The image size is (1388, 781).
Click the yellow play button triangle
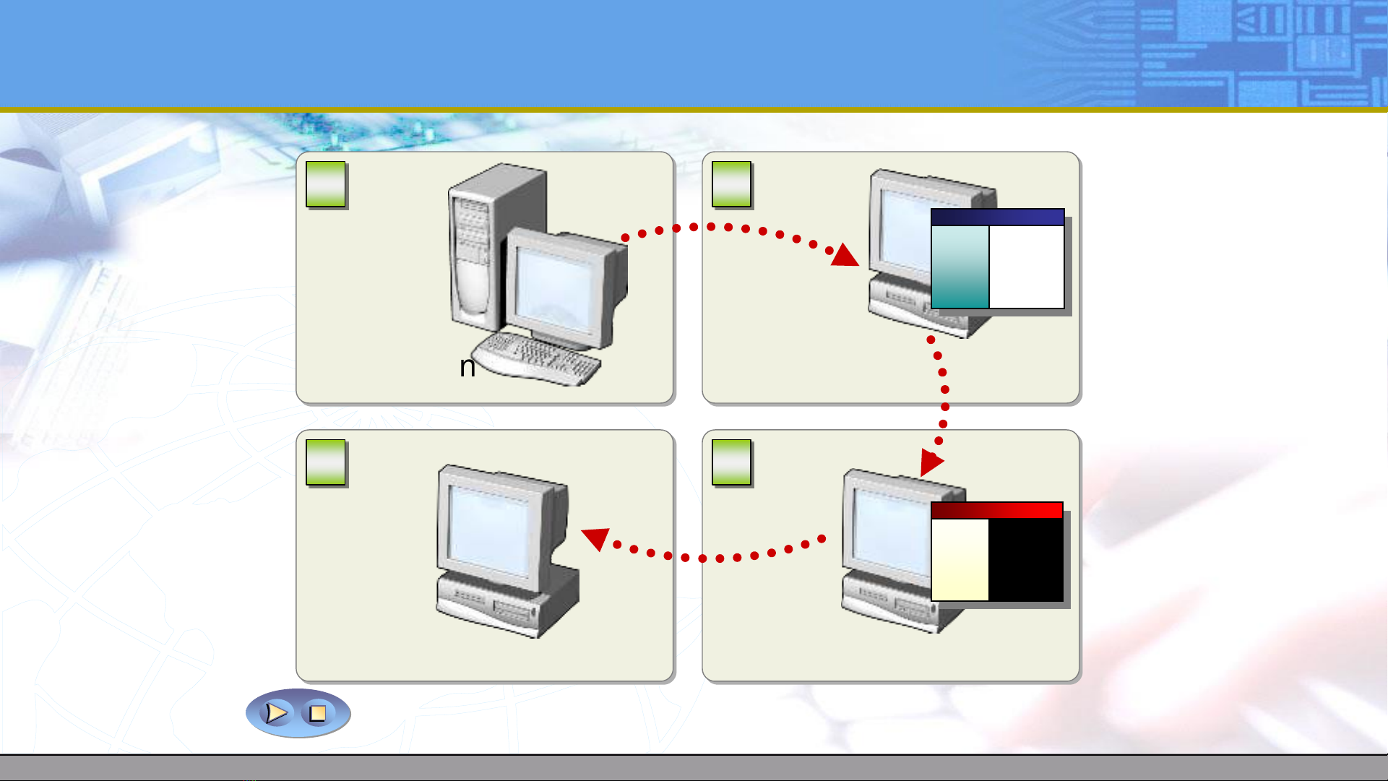(x=276, y=713)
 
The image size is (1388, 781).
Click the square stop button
(x=318, y=713)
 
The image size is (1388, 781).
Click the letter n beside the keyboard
(x=467, y=367)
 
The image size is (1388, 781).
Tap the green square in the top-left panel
(x=326, y=185)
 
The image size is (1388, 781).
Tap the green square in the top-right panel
(x=731, y=185)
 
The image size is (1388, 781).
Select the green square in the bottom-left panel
(x=326, y=463)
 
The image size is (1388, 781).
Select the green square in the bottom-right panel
(x=731, y=463)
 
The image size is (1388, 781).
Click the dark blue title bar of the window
(x=997, y=217)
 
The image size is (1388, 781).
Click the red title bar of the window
(x=997, y=511)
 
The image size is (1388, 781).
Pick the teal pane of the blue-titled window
(x=960, y=267)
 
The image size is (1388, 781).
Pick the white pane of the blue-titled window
(x=1026, y=267)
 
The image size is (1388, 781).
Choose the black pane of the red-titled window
(x=1026, y=560)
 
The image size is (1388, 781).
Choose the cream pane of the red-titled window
(x=960, y=560)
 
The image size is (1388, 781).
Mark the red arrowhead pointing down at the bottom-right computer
(x=931, y=462)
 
